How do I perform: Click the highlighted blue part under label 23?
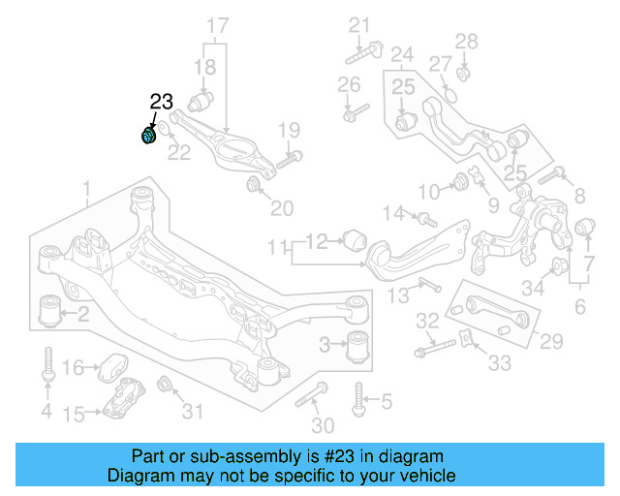click(x=148, y=135)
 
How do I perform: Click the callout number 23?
click(x=161, y=101)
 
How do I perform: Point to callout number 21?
click(x=359, y=25)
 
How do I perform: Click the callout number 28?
click(x=467, y=41)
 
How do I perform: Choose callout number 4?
click(x=46, y=412)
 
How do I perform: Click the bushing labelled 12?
click(x=355, y=237)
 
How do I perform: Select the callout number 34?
click(x=532, y=287)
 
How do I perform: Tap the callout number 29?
click(x=550, y=340)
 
